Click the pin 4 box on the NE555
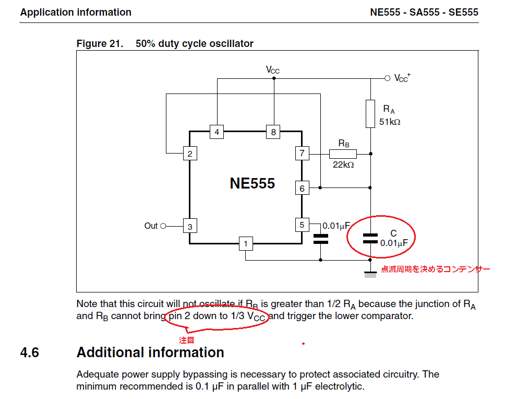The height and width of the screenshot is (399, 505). point(217,132)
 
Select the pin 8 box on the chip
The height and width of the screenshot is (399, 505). point(273,132)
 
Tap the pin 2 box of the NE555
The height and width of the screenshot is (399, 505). point(190,154)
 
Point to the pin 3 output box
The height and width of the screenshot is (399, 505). point(190,226)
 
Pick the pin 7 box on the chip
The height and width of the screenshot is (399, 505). point(302,154)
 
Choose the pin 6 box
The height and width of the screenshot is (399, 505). point(302,188)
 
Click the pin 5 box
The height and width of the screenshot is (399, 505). point(302,225)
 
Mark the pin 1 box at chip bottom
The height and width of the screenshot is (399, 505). point(246,243)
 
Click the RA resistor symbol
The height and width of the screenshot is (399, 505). point(370,113)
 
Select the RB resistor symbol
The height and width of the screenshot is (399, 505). point(343,154)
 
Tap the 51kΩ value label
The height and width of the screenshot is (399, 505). point(390,122)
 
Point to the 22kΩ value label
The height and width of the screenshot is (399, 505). point(343,165)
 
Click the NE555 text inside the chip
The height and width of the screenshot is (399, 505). point(252,183)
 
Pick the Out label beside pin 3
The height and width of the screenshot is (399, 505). point(151,226)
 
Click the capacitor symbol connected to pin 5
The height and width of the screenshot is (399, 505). point(320,239)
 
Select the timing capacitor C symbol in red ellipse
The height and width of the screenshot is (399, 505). point(370,239)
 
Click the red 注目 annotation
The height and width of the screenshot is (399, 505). point(187,339)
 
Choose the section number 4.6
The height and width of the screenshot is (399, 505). point(30,353)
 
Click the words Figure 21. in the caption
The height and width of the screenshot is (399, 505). point(100,43)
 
